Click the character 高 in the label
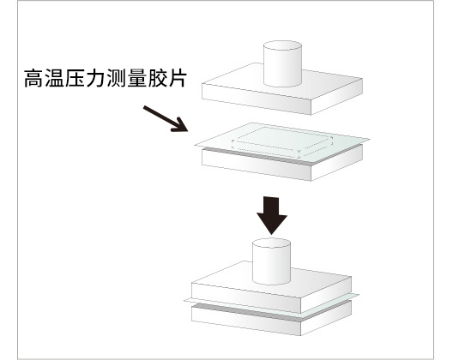pos(33,78)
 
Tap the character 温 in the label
pos(54,78)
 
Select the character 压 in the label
pos(75,78)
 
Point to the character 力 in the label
pos(95,78)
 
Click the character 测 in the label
pos(116,78)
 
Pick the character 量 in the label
pos(136,78)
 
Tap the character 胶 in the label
pos(157,78)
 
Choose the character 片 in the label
pos(177,78)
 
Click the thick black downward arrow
pos(272,216)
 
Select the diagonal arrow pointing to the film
pos(166,119)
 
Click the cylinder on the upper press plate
pos(282,63)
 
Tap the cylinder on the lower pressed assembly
pos(271,261)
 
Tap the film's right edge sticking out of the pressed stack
pos(355,297)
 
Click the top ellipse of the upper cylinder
pos(282,46)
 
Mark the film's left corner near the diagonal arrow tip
pos(195,145)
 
